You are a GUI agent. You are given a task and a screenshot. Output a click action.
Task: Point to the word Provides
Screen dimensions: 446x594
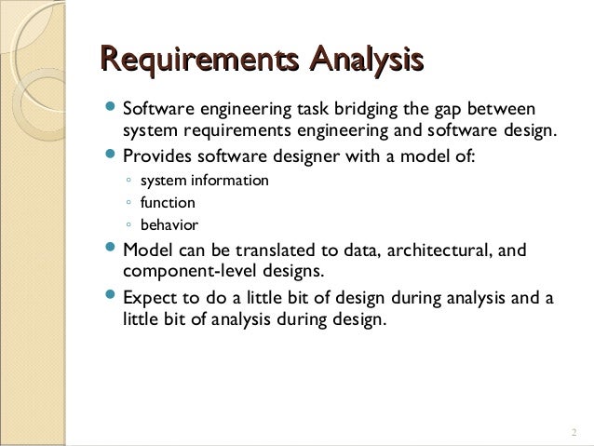156,155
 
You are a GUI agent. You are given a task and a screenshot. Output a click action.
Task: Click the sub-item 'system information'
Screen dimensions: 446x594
204,180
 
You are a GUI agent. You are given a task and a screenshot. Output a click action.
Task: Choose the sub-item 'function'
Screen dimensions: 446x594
168,202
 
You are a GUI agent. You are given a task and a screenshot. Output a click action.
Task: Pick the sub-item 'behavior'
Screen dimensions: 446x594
169,224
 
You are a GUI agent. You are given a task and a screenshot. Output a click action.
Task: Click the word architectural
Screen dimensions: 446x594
417,250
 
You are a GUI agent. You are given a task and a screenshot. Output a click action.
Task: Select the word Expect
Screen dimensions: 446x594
148,298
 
